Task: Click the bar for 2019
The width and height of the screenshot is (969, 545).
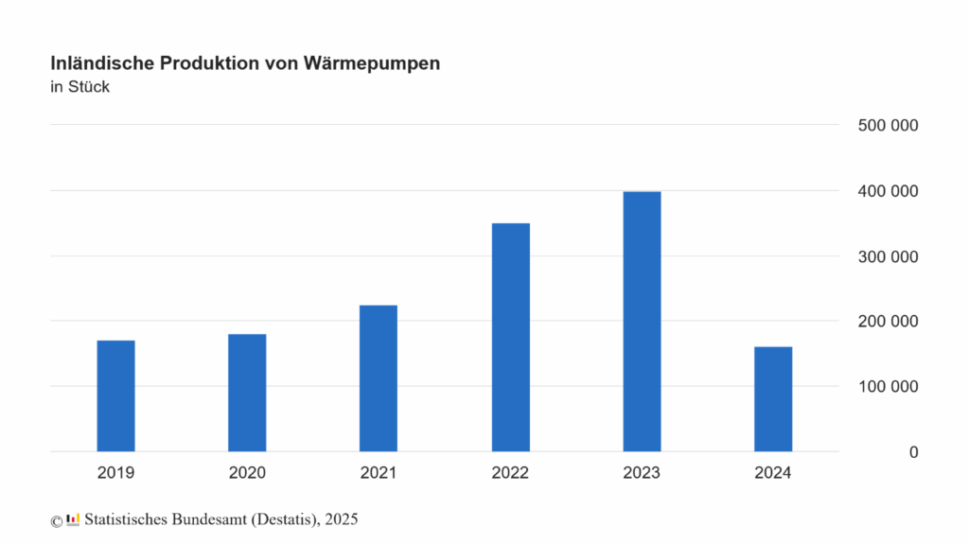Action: tap(115, 396)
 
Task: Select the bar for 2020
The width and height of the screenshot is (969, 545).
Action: tap(247, 393)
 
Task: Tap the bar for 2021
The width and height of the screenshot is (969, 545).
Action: tap(379, 378)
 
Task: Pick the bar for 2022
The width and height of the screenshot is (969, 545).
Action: tap(511, 337)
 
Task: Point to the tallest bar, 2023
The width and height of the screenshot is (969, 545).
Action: tap(642, 321)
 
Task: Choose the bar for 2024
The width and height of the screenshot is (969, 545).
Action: tap(773, 399)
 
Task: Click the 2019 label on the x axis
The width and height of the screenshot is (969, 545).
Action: tap(115, 472)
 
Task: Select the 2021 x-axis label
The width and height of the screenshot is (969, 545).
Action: tap(379, 472)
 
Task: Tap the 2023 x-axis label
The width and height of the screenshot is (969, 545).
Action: tap(642, 472)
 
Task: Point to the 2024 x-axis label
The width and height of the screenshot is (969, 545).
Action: tap(773, 472)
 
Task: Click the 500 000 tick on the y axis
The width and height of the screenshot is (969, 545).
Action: tap(886, 126)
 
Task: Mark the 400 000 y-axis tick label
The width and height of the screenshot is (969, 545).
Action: tap(886, 191)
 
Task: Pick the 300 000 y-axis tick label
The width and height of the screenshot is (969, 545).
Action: tap(886, 256)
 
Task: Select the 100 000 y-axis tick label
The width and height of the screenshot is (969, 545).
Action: tap(886, 387)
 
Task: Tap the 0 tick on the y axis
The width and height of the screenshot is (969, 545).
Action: tap(913, 452)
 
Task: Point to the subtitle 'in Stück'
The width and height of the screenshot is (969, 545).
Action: tap(80, 88)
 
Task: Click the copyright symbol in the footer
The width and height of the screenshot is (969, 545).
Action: tap(56, 520)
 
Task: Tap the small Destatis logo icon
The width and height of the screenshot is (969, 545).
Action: tap(73, 519)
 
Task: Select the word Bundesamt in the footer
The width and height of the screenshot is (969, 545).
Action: tap(204, 519)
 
